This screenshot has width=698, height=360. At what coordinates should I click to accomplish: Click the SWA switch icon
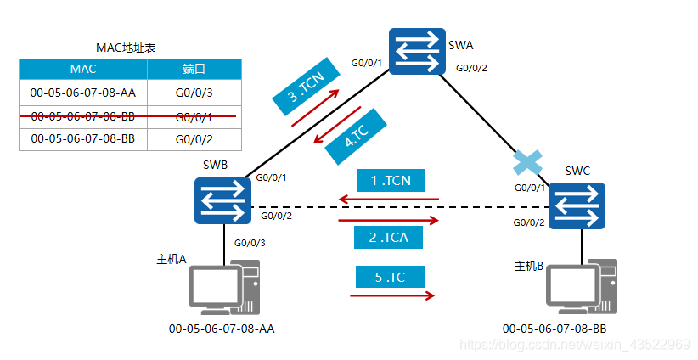416,50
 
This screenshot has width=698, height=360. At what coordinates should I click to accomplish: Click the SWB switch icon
222,200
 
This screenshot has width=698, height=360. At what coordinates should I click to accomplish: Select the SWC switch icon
577,205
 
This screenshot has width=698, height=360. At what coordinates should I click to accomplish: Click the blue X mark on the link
528,162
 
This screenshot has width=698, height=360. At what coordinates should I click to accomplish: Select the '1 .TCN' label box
390,180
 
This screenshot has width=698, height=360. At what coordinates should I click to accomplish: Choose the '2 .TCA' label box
390,238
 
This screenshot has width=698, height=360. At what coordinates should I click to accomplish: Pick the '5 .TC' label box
390,278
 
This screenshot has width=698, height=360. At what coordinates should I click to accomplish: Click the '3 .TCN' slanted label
304,87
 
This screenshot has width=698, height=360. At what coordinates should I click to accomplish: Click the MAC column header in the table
82,69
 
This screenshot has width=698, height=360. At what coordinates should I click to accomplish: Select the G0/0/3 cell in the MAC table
194,92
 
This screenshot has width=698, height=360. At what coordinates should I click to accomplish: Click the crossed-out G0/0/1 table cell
194,115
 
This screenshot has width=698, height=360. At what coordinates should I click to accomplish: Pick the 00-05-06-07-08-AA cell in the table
82,92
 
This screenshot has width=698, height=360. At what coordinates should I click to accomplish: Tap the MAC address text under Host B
554,328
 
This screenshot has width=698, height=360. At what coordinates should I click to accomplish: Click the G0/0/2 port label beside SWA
472,68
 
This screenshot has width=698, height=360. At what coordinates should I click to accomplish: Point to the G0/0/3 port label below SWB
250,242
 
